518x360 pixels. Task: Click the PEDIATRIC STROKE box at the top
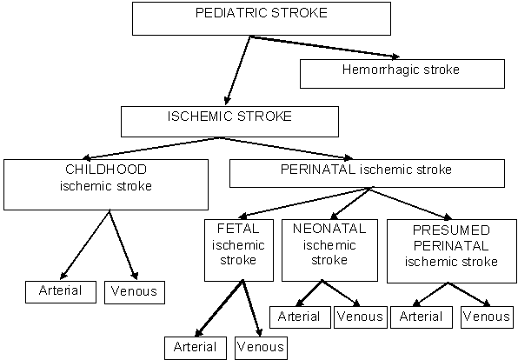click(x=262, y=18)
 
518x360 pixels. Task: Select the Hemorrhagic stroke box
click(x=402, y=74)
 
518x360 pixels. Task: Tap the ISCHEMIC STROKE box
click(x=229, y=122)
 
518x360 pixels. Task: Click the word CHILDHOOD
click(x=106, y=170)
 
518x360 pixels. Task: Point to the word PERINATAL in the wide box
click(x=318, y=170)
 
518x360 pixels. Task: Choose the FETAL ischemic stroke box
click(x=239, y=250)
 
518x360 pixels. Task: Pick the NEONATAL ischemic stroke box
click(x=329, y=250)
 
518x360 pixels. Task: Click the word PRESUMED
click(x=451, y=230)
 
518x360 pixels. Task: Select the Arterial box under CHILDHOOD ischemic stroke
click(x=61, y=292)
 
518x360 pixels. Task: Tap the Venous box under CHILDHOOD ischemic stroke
click(x=135, y=292)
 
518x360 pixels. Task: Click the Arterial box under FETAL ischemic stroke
click(x=196, y=348)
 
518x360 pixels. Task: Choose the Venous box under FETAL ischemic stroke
click(x=261, y=348)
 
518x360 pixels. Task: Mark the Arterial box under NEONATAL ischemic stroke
click(x=300, y=317)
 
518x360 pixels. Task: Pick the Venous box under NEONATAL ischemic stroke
click(x=361, y=317)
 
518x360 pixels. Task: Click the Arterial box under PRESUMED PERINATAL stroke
click(x=422, y=317)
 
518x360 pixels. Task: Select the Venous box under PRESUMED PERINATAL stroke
click(x=487, y=317)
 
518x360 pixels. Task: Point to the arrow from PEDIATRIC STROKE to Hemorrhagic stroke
click(x=325, y=47)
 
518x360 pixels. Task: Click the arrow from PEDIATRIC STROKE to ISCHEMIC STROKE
click(x=237, y=70)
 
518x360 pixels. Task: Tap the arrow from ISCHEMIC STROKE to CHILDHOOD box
click(x=150, y=149)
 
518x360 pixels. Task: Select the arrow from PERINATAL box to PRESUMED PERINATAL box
click(x=410, y=203)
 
